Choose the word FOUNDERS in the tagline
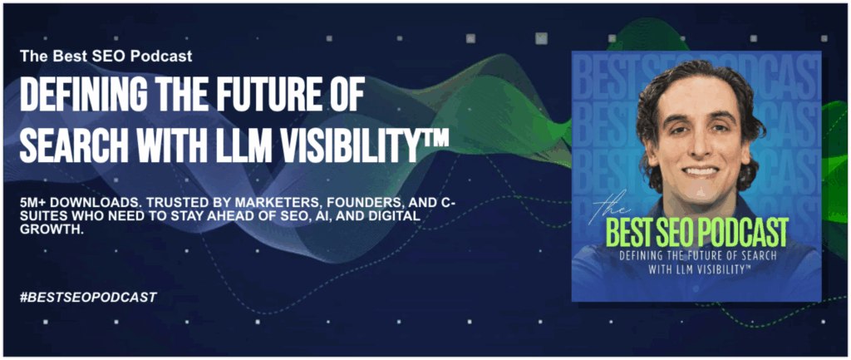(319, 202)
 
